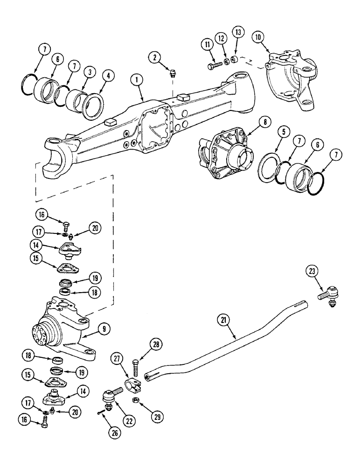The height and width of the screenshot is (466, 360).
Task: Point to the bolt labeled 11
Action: tap(214, 66)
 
